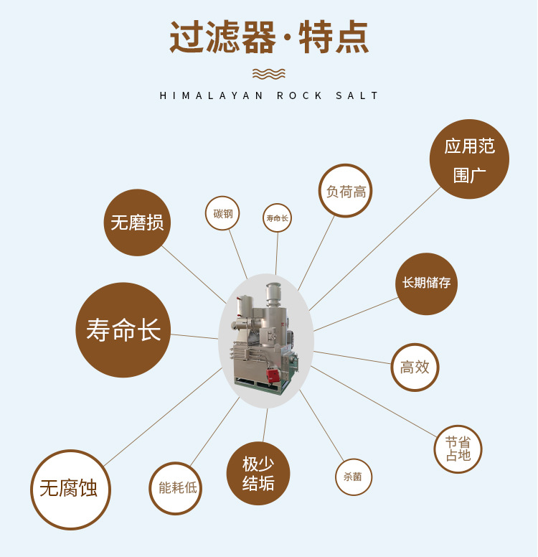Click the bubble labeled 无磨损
(137, 223)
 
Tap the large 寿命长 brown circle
(123, 329)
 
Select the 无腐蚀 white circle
(70, 490)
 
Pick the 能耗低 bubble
(176, 488)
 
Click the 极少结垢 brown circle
(258, 473)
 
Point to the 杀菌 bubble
(354, 477)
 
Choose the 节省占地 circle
(458, 449)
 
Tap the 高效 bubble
(415, 367)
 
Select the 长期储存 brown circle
(426, 284)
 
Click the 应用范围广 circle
(469, 159)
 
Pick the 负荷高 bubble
(346, 191)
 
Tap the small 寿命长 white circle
(277, 217)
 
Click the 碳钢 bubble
(222, 213)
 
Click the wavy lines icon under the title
(269, 73)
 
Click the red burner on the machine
(273, 375)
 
